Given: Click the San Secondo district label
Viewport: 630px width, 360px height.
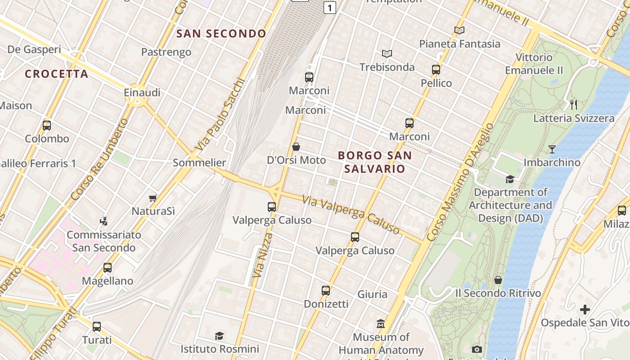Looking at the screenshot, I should click(221, 33).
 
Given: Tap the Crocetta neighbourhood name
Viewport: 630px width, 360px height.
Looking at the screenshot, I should click(56, 74).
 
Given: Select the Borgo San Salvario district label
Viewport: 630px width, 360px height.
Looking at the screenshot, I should click(374, 162).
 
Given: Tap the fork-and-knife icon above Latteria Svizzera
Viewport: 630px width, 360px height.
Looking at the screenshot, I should click(573, 105).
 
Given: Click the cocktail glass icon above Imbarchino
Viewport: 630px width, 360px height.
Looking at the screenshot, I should click(552, 149).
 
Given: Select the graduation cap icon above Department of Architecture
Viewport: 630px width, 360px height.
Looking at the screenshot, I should click(510, 179).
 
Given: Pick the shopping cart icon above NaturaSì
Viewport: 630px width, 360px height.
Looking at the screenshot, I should click(153, 198).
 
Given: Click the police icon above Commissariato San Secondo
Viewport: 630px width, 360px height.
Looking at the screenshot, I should click(104, 221).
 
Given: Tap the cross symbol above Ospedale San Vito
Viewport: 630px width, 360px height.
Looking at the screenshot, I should click(585, 310).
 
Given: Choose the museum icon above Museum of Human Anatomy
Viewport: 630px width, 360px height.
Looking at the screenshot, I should click(381, 324).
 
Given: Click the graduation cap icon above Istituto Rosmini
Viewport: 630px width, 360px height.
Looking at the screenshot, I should click(219, 336).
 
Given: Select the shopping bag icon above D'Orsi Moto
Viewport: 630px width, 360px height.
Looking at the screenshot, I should click(296, 147).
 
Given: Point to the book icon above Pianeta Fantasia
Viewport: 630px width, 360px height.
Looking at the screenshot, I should click(459, 31).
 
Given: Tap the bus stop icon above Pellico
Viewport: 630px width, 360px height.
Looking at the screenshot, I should click(436, 70).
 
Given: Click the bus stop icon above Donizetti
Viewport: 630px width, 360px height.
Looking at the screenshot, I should click(326, 291).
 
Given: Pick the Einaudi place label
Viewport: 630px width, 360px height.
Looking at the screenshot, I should click(142, 93).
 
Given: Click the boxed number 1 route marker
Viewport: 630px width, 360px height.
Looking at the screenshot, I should click(330, 8).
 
